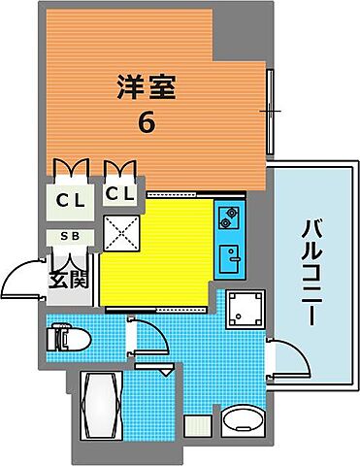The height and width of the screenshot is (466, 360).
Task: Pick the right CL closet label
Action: click(119, 195)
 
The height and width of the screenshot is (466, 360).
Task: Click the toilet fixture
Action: click(69, 339)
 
